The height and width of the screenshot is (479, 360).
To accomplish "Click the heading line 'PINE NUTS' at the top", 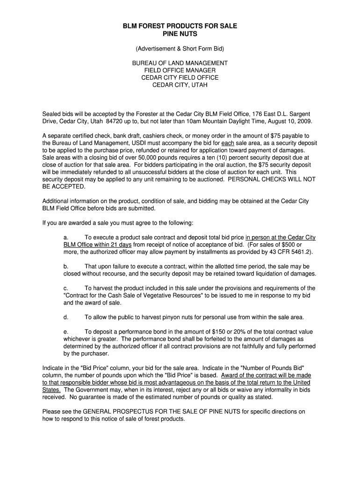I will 180,34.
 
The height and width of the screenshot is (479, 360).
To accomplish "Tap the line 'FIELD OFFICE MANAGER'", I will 180,70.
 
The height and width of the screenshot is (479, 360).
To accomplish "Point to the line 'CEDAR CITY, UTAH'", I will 180,85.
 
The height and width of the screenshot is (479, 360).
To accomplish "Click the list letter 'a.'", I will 66,238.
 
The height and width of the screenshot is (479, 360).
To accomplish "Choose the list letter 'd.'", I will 66,317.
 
